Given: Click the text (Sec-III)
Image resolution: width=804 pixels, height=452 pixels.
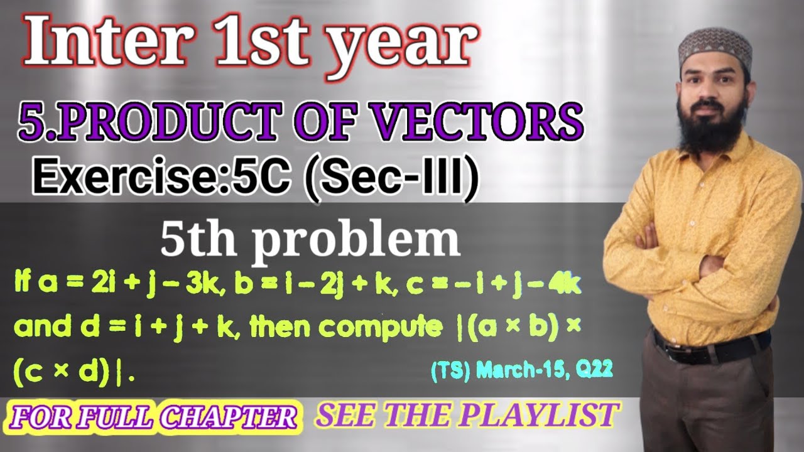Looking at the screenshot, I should tap(389, 177).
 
